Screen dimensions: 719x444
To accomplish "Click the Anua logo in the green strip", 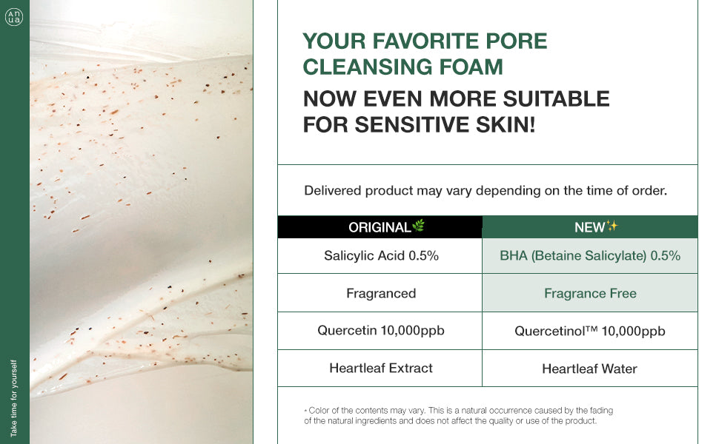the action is [x=14, y=17].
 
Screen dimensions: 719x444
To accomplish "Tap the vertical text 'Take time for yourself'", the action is [x=14, y=398].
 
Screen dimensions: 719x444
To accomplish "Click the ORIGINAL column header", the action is [x=380, y=227].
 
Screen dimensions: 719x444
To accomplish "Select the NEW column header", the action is [x=590, y=227].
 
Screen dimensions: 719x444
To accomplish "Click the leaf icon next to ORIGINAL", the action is [x=418, y=225].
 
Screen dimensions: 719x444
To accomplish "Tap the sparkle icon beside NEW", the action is [x=612, y=225].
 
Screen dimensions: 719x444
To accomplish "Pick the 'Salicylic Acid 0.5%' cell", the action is [x=381, y=255].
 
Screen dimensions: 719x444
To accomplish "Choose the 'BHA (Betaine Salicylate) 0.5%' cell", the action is [x=590, y=255].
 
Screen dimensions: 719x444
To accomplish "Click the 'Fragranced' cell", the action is [x=381, y=293].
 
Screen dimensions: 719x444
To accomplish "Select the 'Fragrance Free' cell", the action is [x=590, y=293].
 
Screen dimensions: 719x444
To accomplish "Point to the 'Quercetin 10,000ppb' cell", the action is [x=381, y=331].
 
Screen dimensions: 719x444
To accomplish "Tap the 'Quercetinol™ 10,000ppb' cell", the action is [x=590, y=331].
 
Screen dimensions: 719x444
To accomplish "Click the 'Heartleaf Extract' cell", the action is [x=381, y=368].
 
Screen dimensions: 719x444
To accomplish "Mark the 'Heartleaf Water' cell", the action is [x=590, y=368].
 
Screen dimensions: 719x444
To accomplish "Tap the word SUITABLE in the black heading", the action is [x=556, y=99].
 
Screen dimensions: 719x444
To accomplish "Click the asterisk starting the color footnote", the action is [x=306, y=411].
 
